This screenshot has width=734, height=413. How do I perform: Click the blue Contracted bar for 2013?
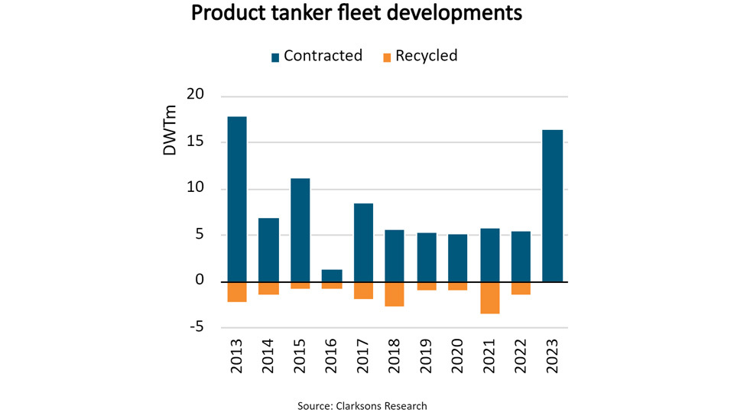[x=237, y=199]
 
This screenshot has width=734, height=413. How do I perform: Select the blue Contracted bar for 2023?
[x=551, y=205]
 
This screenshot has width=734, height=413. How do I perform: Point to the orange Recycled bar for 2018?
[x=395, y=294]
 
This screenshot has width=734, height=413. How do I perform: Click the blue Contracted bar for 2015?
[x=300, y=229]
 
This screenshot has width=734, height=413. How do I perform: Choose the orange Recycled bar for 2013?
[x=237, y=291]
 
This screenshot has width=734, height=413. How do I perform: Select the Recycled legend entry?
[x=421, y=56]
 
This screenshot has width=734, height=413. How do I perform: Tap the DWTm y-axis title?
[x=171, y=134]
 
